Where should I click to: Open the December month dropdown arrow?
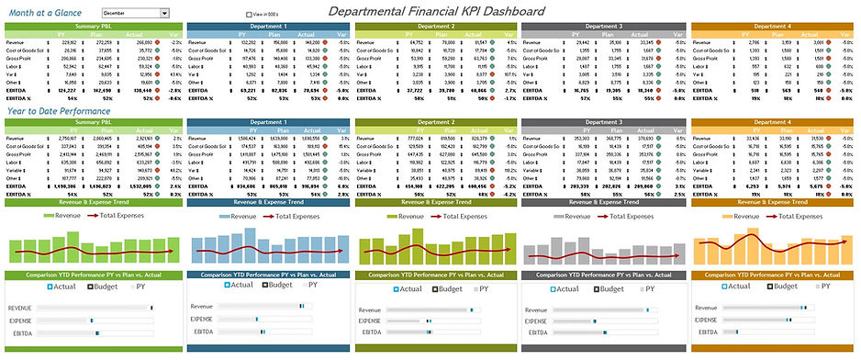coord(166,14)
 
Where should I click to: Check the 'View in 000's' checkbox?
coord(248,14)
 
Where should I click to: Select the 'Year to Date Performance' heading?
coord(61,110)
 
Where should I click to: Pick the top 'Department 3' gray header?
coord(603,26)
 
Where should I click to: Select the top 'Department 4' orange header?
coord(772,26)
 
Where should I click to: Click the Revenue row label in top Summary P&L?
coord(16,42)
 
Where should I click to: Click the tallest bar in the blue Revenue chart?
coord(281,243)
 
